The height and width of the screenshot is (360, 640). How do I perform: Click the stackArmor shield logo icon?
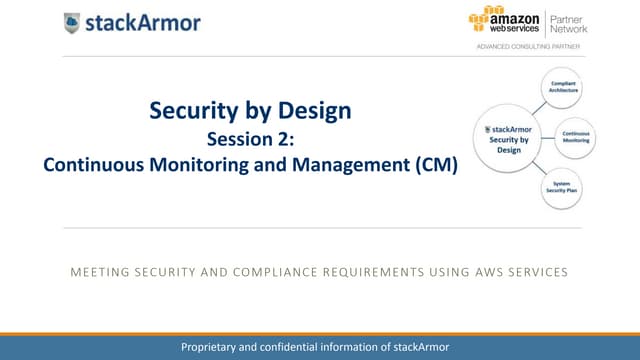[73, 22]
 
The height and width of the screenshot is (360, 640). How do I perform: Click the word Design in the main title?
[311, 111]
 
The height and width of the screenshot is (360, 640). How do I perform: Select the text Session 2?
[250, 139]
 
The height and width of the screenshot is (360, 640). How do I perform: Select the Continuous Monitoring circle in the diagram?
[575, 137]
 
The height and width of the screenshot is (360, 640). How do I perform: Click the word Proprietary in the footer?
[211, 346]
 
